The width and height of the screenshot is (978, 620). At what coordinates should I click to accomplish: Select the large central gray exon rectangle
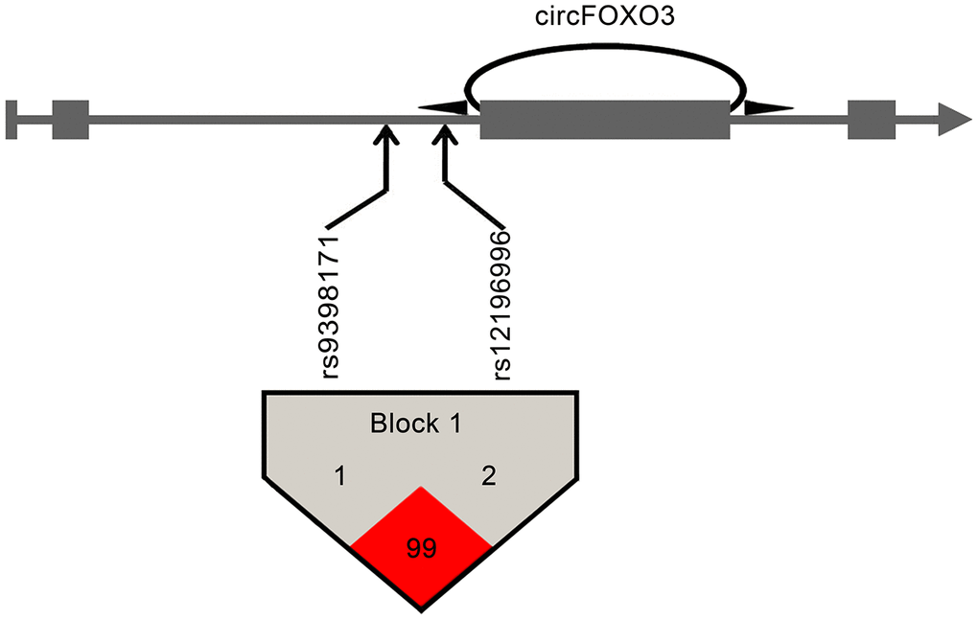604,119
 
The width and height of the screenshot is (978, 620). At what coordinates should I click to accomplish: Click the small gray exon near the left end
70,119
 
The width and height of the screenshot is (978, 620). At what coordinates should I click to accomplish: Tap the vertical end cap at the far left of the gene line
11,119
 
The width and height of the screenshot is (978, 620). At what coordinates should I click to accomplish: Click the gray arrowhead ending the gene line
955,119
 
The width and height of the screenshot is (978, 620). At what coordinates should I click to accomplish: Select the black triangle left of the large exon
443,107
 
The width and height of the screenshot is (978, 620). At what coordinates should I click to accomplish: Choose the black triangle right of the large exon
767,107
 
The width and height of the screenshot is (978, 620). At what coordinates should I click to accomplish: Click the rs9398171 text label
333,303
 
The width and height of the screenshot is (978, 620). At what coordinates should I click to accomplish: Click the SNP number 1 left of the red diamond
339,476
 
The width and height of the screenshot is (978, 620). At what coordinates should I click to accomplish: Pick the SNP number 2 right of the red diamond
488,476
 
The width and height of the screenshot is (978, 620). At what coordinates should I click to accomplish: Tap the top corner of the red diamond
421,489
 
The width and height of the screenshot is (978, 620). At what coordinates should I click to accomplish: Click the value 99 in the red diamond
421,548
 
